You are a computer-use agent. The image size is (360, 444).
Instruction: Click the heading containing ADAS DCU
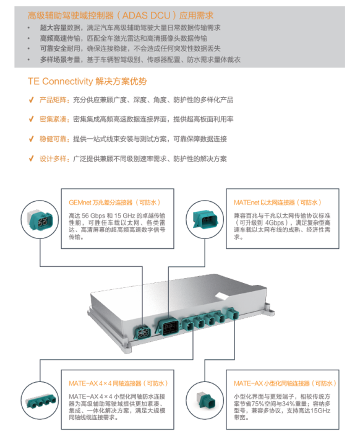point(121,15)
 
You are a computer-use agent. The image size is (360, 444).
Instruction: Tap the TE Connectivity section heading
point(87,81)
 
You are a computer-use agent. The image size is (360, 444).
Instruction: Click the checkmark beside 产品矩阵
point(32,100)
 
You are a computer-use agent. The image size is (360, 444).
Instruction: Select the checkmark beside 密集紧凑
point(32,120)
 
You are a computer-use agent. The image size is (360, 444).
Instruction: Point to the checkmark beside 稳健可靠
point(32,139)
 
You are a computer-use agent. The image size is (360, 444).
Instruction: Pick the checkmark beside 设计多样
point(32,159)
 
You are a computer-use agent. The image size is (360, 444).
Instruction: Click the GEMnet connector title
point(114,202)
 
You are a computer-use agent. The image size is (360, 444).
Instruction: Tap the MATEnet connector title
point(278,202)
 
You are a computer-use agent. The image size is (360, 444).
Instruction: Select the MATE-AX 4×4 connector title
point(118,383)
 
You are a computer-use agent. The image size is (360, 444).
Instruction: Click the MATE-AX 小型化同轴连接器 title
point(285,383)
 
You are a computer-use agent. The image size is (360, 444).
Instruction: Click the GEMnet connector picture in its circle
point(40,219)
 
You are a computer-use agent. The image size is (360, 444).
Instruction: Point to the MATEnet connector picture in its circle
point(205,219)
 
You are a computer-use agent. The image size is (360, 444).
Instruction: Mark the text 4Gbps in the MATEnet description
point(275,223)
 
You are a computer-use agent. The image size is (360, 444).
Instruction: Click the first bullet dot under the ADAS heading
point(28,28)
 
